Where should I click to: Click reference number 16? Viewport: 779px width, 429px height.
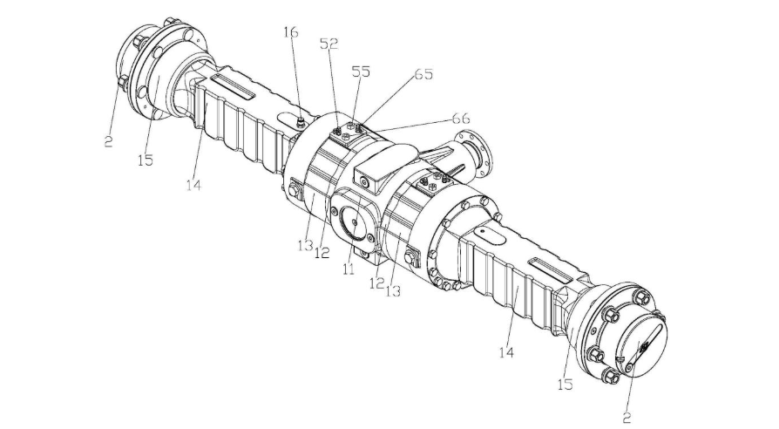pos(290,32)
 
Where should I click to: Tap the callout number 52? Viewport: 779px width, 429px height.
pos(330,43)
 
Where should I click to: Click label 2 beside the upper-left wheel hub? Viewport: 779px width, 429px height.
pos(108,140)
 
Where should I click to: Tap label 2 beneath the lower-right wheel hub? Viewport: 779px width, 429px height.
pos(627,418)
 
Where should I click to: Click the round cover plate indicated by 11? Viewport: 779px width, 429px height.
pos(356,224)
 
